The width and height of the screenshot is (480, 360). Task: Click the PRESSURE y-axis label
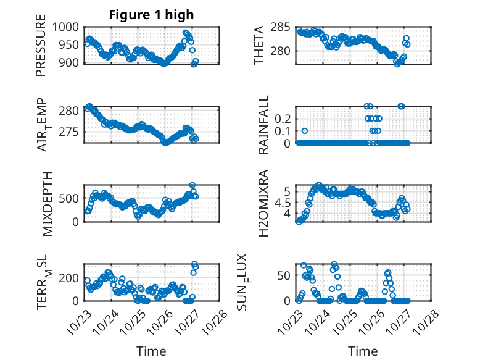pos(41,49)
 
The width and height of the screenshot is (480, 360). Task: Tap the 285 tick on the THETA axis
pos(281,27)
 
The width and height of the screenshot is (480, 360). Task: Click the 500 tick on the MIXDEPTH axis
pos(70,198)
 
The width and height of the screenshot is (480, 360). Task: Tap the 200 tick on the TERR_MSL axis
pos(70,278)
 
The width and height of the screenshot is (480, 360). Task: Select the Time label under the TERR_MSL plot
pos(151,351)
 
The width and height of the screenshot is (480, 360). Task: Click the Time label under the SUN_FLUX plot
pos(363,351)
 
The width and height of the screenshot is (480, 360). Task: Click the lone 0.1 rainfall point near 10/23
pos(304,131)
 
